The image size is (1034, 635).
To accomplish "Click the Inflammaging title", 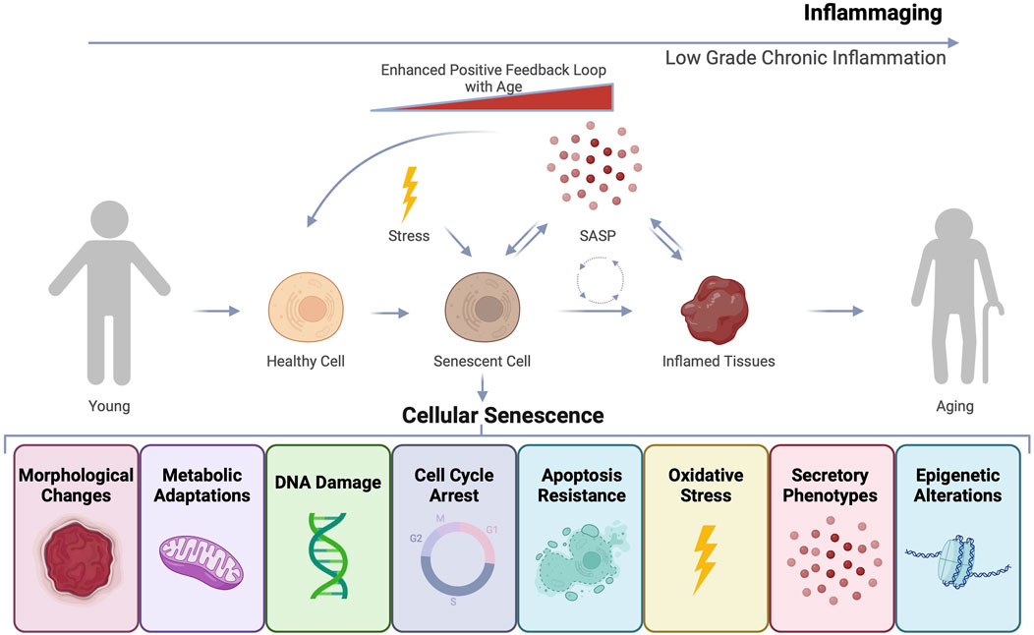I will click(x=873, y=14).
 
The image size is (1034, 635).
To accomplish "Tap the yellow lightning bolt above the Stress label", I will click(x=408, y=194).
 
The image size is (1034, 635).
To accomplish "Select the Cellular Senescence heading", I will click(x=502, y=416).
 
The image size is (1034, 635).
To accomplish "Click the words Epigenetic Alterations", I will click(x=957, y=485).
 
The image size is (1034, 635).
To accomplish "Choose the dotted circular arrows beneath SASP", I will click(x=601, y=281).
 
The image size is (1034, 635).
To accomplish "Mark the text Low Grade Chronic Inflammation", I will click(x=805, y=58).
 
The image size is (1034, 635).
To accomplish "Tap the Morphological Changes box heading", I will click(x=74, y=485).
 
